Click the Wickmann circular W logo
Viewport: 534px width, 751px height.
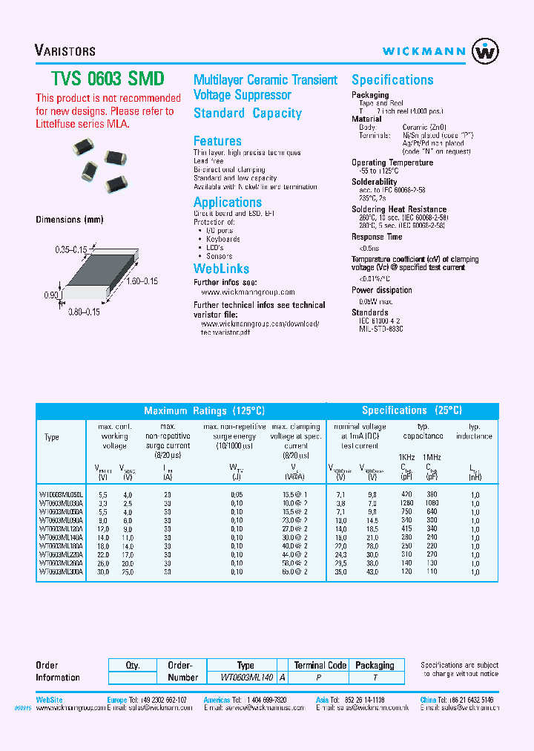click(486, 51)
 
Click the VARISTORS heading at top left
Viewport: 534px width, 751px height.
click(65, 51)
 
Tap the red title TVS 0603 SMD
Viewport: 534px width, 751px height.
click(108, 79)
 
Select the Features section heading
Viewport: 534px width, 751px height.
click(217, 141)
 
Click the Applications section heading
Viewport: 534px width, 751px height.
click(228, 203)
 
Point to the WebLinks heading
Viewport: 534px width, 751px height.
click(221, 269)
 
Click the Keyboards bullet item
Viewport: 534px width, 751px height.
click(222, 239)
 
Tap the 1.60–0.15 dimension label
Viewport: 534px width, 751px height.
click(141, 281)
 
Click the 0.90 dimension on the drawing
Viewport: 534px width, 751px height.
click(51, 295)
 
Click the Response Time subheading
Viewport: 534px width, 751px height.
click(377, 237)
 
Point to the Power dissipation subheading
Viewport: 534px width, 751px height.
click(382, 290)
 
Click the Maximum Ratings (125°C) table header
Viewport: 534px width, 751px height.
click(204, 410)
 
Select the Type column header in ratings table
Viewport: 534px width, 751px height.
click(52, 437)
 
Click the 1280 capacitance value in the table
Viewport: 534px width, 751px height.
click(407, 502)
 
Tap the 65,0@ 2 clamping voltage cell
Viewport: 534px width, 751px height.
click(294, 572)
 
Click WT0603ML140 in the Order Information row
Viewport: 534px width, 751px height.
click(247, 678)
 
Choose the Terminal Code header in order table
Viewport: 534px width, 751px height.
click(320, 665)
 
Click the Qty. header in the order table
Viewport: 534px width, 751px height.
click(132, 665)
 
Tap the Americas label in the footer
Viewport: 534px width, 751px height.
click(217, 700)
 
